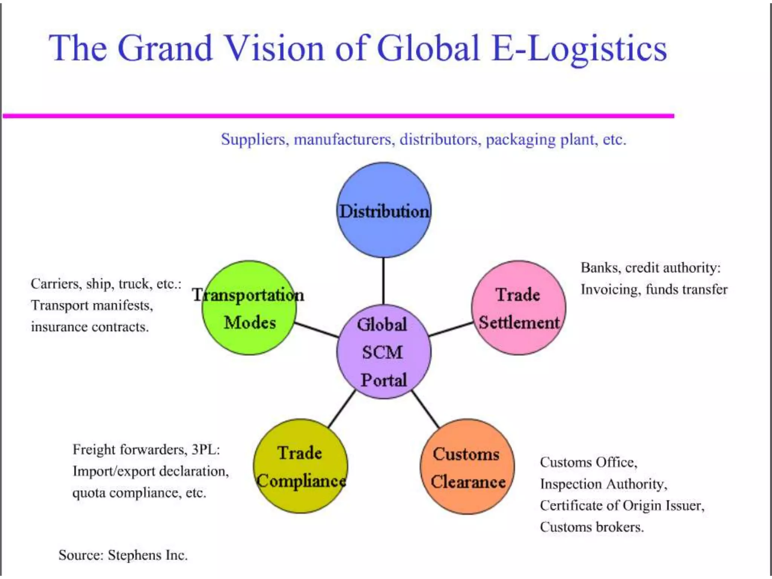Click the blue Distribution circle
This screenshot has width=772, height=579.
point(384,234)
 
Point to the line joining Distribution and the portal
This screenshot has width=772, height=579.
point(384,281)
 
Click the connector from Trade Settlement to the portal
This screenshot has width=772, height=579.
point(451,329)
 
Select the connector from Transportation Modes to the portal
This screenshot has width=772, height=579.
point(316,329)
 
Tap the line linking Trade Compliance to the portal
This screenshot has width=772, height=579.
point(342,409)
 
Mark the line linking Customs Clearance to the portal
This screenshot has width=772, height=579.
point(426,409)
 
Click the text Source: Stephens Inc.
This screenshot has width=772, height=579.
point(123,555)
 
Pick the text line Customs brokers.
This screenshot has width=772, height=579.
point(591,527)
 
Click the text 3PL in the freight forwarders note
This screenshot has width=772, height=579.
point(205,450)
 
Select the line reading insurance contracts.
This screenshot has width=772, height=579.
point(90,327)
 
